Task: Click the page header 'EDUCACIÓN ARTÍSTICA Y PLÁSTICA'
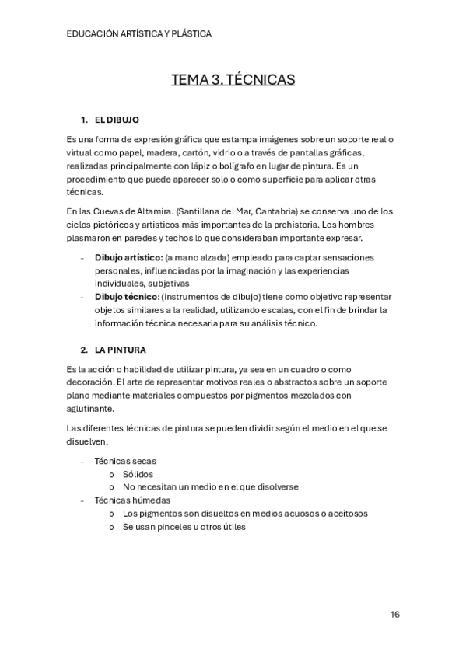pyautogui.click(x=139, y=34)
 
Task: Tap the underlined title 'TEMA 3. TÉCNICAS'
pyautogui.click(x=233, y=80)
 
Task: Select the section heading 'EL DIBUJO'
pyautogui.click(x=117, y=120)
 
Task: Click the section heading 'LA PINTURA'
pyautogui.click(x=120, y=350)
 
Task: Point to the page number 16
pyautogui.click(x=395, y=615)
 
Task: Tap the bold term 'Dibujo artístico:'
pyautogui.click(x=128, y=257)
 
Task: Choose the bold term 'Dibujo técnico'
pyautogui.click(x=126, y=297)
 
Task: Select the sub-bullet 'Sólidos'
pyautogui.click(x=138, y=474)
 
